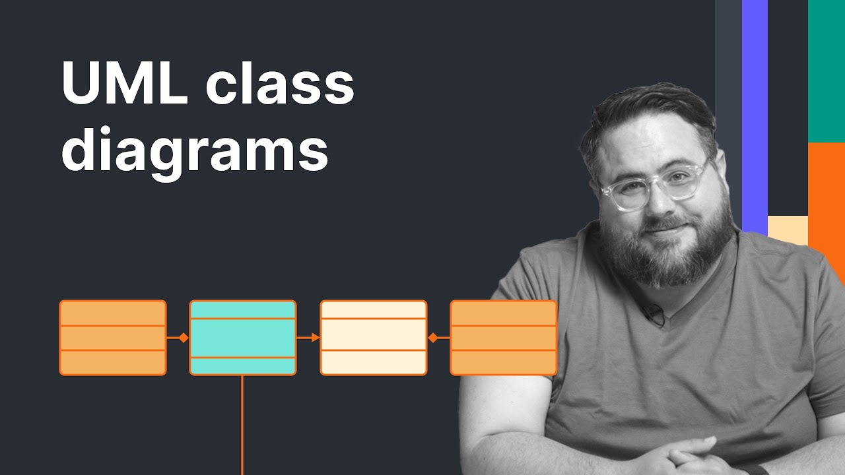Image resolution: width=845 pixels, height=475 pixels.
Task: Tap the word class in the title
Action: [x=280, y=84]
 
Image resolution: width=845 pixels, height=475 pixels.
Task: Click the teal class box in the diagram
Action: [x=243, y=338]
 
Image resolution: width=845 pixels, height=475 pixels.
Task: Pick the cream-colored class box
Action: [x=374, y=338]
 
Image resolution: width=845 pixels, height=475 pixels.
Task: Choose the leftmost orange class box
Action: [x=113, y=338]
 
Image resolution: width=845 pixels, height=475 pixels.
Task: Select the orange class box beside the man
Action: [x=503, y=338]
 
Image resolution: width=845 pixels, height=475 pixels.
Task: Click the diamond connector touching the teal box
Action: [x=184, y=338]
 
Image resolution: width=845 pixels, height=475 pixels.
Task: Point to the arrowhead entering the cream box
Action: [x=316, y=338]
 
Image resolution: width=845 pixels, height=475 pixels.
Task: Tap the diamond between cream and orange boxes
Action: [x=433, y=338]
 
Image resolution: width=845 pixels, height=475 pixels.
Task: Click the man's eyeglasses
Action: [x=654, y=187]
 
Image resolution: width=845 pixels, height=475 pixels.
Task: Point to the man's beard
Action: [x=667, y=254]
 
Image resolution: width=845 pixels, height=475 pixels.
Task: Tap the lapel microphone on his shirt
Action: [x=654, y=315]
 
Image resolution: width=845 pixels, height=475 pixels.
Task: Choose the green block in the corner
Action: [x=827, y=69]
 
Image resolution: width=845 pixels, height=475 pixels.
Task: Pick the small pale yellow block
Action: [x=788, y=230]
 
